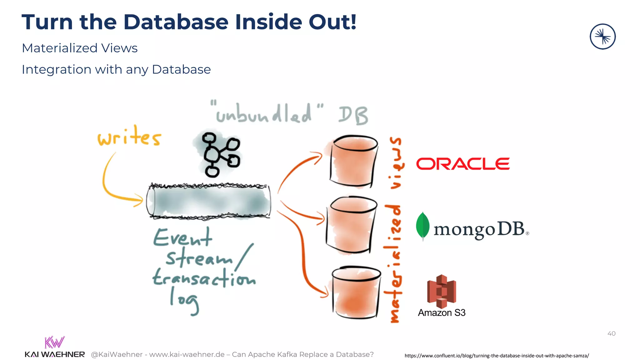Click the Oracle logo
point(463,164)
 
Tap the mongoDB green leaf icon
point(422,226)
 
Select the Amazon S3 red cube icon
point(441,291)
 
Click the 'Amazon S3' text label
point(442,312)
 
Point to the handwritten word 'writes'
point(129,137)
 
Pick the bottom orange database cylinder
point(356,292)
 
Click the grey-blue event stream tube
point(208,201)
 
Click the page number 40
point(611,333)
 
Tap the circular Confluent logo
point(602,37)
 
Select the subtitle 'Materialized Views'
point(80,48)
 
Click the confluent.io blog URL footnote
point(497,356)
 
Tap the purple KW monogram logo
point(54,342)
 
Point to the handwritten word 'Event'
point(182,238)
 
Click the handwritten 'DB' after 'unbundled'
point(353,115)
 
